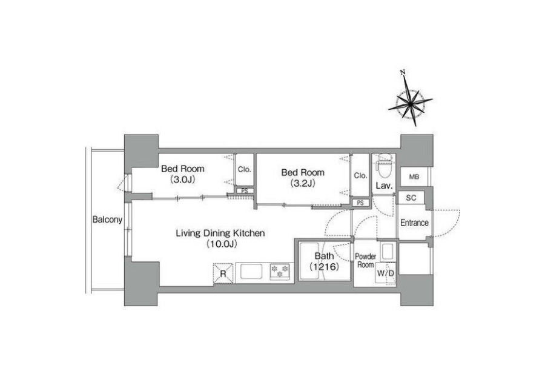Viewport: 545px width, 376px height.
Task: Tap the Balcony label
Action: pyautogui.click(x=107, y=220)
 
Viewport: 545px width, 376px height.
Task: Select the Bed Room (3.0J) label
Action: pyautogui.click(x=183, y=174)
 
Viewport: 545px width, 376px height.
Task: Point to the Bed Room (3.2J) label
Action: pyautogui.click(x=303, y=178)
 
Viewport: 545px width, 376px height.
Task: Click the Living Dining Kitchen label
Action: pyautogui.click(x=220, y=238)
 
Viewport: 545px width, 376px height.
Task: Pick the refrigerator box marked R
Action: pyautogui.click(x=223, y=274)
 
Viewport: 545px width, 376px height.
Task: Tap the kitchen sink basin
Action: pyautogui.click(x=252, y=272)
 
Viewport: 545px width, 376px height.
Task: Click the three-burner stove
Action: pyautogui.click(x=280, y=272)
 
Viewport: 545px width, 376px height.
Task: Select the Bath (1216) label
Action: pyautogui.click(x=325, y=261)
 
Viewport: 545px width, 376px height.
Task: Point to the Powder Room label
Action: pyautogui.click(x=365, y=260)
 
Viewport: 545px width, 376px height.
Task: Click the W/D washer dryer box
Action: pyautogui.click(x=386, y=274)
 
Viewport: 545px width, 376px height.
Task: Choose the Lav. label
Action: pyautogui.click(x=384, y=186)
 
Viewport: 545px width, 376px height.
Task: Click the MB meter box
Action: pyautogui.click(x=414, y=177)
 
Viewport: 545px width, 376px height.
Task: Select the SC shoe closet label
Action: pyautogui.click(x=411, y=198)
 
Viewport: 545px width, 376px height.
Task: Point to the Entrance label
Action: pyautogui.click(x=414, y=223)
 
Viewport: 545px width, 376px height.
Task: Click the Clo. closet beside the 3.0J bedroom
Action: pyautogui.click(x=245, y=170)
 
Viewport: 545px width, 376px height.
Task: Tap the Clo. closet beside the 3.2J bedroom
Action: pyautogui.click(x=360, y=176)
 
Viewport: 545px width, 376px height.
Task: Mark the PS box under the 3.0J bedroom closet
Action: pyautogui.click(x=245, y=191)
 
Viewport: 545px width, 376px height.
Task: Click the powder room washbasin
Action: pyautogui.click(x=388, y=252)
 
